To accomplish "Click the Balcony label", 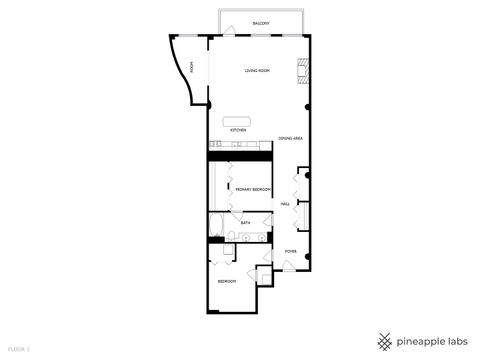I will click(x=261, y=23).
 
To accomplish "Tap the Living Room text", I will click(x=258, y=70).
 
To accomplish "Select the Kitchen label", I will click(x=238, y=130).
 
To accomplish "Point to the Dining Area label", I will click(x=291, y=138).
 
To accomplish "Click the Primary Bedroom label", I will click(x=250, y=188).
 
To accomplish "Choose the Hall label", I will click(x=285, y=203).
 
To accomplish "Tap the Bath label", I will click(x=246, y=223).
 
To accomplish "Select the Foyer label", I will click(x=290, y=251).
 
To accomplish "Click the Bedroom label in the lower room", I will click(x=227, y=281).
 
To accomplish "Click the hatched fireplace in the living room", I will click(x=301, y=70).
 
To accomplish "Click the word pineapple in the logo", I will click(x=418, y=340).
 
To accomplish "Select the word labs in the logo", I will click(x=455, y=340).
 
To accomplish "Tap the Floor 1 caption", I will click(x=19, y=349).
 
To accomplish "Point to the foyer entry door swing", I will click(x=288, y=264).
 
